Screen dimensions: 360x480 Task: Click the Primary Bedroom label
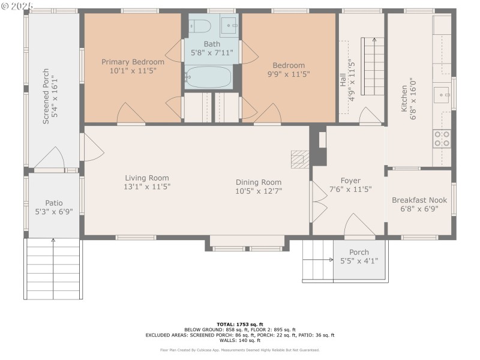tap(132, 62)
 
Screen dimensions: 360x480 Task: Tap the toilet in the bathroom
tap(200, 26)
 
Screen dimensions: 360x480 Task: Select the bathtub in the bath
tap(206, 77)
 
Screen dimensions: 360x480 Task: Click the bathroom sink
tap(229, 25)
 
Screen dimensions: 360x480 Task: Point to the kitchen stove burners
tap(442, 139)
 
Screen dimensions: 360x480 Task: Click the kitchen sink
tap(442, 94)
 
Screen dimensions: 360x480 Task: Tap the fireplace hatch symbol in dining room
tap(299, 159)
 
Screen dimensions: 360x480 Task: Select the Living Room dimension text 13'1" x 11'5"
tap(147, 187)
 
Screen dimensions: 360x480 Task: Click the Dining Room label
tap(258, 182)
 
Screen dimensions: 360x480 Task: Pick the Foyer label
tap(350, 181)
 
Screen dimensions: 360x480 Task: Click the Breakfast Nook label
tap(419, 200)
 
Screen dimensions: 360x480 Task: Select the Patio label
tap(54, 203)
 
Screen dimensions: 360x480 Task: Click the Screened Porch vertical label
tap(46, 99)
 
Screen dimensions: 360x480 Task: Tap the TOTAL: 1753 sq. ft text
tap(239, 324)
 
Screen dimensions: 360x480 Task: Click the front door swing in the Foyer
tap(359, 226)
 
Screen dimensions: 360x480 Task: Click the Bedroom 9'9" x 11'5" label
tap(289, 65)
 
